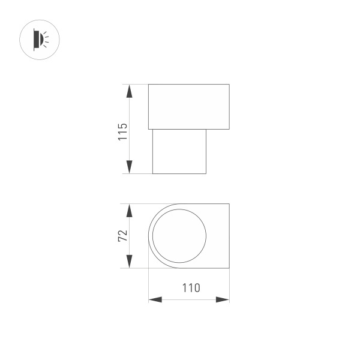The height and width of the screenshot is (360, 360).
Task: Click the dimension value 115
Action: pos(122,131)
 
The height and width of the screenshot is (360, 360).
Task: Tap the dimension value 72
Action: pos(122,236)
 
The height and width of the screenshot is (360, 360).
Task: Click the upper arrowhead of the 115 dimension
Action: pos(129,92)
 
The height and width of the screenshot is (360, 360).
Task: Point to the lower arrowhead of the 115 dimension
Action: pos(129,167)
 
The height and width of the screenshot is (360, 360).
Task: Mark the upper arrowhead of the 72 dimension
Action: pos(129,211)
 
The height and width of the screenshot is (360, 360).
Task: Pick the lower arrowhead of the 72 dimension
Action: pos(129,261)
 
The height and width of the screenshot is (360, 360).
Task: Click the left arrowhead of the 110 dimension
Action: pos(155,299)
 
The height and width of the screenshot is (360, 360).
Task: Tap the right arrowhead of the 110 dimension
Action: pos(223,299)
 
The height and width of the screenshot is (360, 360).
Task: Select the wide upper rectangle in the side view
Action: pos(188,107)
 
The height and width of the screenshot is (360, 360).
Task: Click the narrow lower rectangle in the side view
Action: pos(179,151)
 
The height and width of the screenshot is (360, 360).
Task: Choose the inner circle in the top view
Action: pos(179,236)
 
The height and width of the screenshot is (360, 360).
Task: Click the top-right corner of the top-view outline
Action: pos(229,204)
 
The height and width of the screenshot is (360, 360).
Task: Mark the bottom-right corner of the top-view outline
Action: pos(229,268)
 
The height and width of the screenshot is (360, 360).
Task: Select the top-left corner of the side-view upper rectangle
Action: pos(148,85)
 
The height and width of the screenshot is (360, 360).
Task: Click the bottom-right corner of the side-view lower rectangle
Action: pos(206,173)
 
